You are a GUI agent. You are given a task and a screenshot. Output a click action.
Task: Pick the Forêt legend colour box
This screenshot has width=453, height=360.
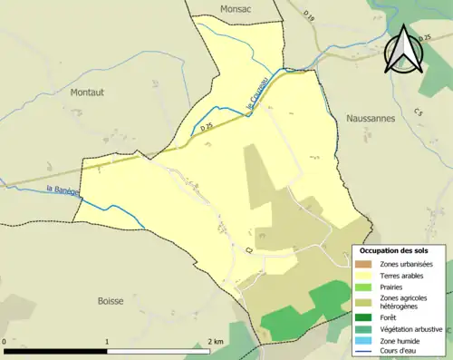(366, 316)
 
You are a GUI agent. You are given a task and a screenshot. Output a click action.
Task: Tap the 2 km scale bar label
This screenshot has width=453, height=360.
(216, 341)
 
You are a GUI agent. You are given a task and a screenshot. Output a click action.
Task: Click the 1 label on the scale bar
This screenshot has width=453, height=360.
(108, 341)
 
